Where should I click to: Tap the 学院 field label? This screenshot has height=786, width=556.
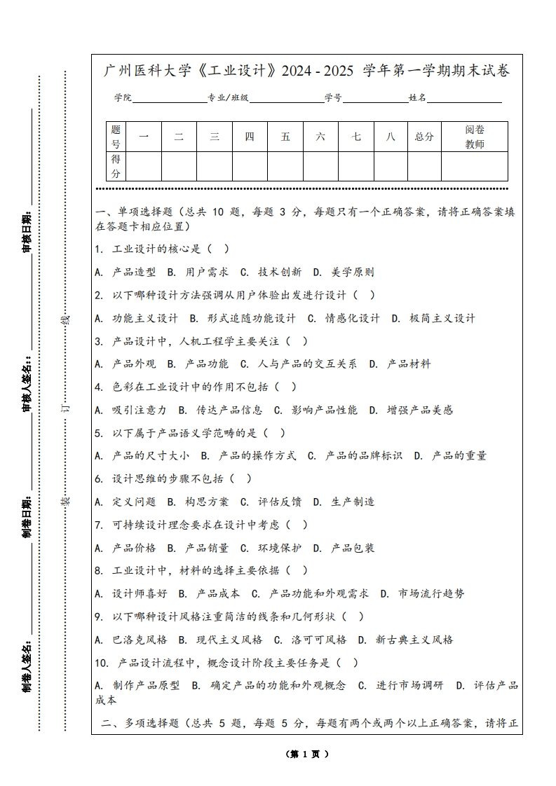pyautogui.click(x=123, y=98)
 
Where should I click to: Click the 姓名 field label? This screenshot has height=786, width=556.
pyautogui.click(x=418, y=98)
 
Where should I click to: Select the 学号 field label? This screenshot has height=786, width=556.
pyautogui.click(x=333, y=98)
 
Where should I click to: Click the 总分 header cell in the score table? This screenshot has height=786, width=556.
pyautogui.click(x=424, y=137)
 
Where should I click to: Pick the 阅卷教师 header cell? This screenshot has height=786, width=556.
pyautogui.click(x=475, y=137)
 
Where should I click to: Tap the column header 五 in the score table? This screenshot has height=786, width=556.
pyautogui.click(x=285, y=137)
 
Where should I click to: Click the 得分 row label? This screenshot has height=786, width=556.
pyautogui.click(x=116, y=166)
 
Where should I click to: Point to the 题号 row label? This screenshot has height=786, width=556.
pyautogui.click(x=116, y=137)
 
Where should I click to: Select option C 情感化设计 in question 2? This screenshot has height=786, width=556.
pyautogui.click(x=344, y=318)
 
